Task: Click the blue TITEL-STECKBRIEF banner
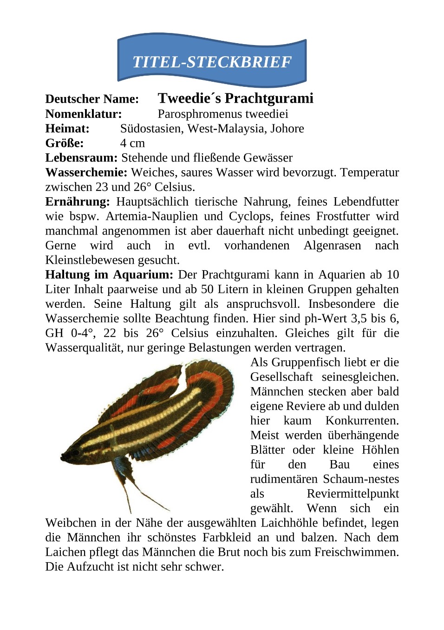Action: [x=212, y=61]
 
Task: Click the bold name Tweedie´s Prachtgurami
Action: [x=235, y=98]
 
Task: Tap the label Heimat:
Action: [x=67, y=129]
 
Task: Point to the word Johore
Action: [x=287, y=129]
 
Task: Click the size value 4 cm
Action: [x=132, y=143]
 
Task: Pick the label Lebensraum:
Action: [x=81, y=158]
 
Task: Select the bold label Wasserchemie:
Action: [x=86, y=173]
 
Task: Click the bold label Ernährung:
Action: [x=78, y=202]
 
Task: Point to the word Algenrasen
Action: [x=332, y=246]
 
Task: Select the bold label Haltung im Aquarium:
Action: [x=109, y=275]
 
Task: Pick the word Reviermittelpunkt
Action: [x=353, y=494]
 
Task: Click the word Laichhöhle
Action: [x=289, y=523]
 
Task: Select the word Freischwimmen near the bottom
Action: [x=356, y=552]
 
